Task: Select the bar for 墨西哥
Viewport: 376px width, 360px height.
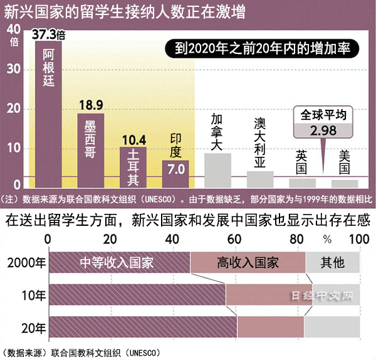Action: click(90, 151)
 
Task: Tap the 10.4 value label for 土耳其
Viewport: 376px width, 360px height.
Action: click(132, 140)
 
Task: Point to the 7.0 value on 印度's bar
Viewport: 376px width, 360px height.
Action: click(175, 169)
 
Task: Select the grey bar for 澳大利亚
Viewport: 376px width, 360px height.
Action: click(259, 179)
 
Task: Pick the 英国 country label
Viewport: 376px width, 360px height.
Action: click(301, 162)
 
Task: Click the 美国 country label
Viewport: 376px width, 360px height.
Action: click(344, 162)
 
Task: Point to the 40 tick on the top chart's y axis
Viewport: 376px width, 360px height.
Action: click(13, 29)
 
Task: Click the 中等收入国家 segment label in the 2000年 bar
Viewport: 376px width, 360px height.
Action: click(117, 262)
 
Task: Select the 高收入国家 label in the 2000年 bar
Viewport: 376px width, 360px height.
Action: click(248, 262)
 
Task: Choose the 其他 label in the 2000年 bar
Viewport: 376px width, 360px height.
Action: click(332, 262)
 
